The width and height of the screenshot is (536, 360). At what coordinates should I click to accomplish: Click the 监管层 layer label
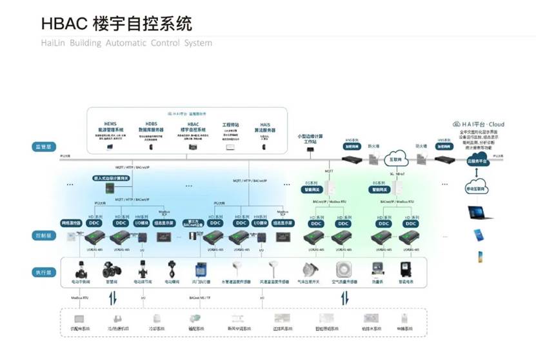click(x=43, y=147)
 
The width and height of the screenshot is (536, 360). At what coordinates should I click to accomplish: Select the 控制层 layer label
click(x=43, y=236)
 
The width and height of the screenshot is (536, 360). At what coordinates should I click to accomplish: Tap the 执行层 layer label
click(x=43, y=273)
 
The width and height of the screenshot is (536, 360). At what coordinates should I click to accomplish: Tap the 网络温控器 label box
click(x=70, y=223)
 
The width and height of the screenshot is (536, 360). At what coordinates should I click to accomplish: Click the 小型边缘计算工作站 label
click(x=310, y=138)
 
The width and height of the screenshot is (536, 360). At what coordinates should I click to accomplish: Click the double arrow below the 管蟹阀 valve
click(x=114, y=298)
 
